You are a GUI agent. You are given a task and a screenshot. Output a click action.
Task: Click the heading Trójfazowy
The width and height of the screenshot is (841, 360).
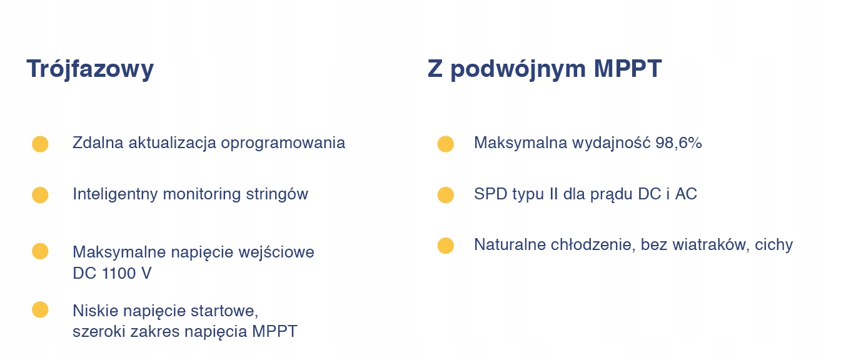click(x=90, y=69)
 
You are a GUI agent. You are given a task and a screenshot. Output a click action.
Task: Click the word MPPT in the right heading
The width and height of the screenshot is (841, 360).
click(x=627, y=68)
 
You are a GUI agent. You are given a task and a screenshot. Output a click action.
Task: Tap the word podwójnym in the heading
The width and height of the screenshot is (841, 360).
click(x=518, y=69)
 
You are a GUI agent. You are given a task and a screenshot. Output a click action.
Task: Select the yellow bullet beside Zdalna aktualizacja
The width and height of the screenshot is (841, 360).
click(x=40, y=144)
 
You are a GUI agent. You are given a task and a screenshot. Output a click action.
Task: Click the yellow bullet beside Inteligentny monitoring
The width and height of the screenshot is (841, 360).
click(x=40, y=195)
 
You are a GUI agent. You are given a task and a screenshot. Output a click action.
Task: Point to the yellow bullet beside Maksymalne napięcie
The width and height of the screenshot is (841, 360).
click(x=40, y=251)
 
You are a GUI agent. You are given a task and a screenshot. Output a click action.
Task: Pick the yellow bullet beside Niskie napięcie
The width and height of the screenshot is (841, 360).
click(x=40, y=310)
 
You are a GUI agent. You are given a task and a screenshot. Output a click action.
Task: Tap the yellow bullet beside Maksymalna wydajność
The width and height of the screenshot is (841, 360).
click(x=446, y=144)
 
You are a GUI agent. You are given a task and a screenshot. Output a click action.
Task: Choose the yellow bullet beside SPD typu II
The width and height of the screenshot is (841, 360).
click(x=446, y=195)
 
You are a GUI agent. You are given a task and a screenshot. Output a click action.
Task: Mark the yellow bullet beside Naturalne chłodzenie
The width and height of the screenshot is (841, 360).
click(x=446, y=246)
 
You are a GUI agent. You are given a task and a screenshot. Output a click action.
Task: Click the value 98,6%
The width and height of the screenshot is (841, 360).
click(x=679, y=142)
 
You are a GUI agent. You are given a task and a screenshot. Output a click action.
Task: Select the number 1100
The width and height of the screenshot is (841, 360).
click(x=119, y=273)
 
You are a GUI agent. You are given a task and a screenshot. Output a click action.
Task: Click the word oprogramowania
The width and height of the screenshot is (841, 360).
click(x=283, y=144)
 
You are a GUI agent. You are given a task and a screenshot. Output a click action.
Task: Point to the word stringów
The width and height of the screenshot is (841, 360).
click(x=277, y=195)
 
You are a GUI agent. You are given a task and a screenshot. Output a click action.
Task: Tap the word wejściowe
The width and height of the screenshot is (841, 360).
click(x=276, y=252)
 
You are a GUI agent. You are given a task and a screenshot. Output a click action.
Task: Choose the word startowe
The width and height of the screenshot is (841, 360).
click(x=224, y=311)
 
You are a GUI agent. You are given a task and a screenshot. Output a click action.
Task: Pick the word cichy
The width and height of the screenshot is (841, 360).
click(x=774, y=246)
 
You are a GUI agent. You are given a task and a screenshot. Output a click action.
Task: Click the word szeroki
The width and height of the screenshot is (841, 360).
click(x=99, y=331)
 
